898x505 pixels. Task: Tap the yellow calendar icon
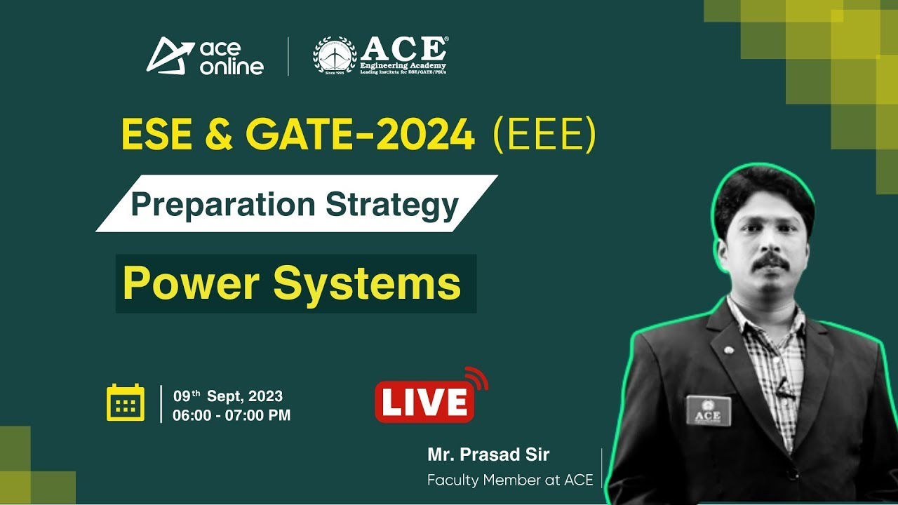click(126, 403)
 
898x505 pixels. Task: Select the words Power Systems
click(292, 283)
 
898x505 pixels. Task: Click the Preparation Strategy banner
click(295, 204)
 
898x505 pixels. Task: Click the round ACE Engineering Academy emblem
click(335, 55)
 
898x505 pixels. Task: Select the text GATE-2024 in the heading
click(360, 135)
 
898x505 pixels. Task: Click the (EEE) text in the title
click(544, 135)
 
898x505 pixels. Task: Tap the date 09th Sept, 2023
click(228, 397)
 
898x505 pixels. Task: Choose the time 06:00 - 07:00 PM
click(232, 415)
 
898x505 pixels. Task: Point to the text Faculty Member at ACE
click(510, 480)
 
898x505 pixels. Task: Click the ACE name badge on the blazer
click(708, 411)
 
